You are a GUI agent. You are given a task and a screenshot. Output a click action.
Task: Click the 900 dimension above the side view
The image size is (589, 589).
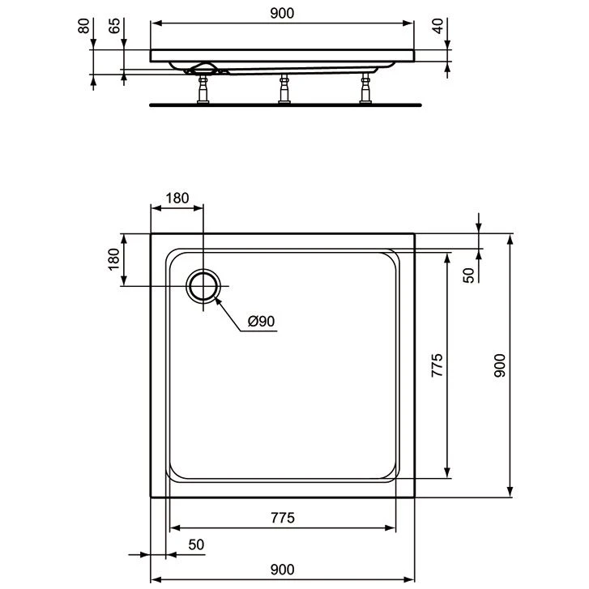point(282,12)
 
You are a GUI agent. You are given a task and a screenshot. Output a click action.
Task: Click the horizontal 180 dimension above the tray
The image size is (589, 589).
point(177,198)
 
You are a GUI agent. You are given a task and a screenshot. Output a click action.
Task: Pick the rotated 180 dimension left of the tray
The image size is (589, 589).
point(113,259)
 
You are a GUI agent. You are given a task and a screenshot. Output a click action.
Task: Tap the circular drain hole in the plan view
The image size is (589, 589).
point(203,287)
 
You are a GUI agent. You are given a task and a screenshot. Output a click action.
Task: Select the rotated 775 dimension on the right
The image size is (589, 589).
point(437,366)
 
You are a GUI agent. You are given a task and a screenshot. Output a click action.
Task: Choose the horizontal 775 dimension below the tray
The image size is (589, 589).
point(282,518)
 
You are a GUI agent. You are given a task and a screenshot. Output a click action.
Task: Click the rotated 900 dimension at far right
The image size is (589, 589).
point(500,366)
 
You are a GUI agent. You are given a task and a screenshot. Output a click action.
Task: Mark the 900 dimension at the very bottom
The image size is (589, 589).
point(282,570)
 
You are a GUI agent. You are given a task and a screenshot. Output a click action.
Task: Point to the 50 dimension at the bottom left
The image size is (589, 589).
point(195,545)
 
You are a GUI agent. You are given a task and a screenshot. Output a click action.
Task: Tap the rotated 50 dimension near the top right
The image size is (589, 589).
point(468,274)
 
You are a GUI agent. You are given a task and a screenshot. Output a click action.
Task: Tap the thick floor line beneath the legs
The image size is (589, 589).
point(285,105)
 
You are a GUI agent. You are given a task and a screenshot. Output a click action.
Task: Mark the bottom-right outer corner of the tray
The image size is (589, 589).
point(415,496)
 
